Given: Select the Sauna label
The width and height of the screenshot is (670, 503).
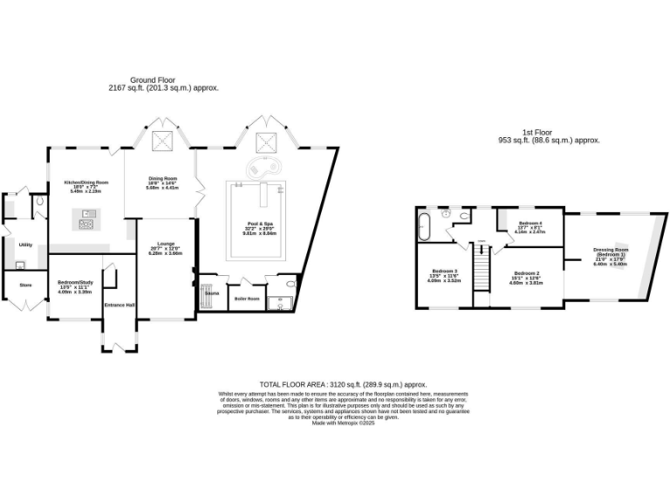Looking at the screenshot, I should [x=211, y=293].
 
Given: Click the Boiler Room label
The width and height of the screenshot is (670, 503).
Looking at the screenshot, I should [x=248, y=299].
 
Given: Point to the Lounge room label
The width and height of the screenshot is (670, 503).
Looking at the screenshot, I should [x=167, y=244].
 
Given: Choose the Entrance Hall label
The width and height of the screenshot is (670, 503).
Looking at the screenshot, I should [x=120, y=305].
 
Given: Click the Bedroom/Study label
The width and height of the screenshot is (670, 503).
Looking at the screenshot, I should [x=74, y=283].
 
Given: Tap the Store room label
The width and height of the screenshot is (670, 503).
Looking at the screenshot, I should [x=25, y=284].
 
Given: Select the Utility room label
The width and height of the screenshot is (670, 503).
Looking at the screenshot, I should [x=24, y=245].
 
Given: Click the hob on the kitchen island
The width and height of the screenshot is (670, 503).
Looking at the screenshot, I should [x=87, y=224].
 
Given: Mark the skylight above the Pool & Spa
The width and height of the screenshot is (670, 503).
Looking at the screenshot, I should [x=263, y=142].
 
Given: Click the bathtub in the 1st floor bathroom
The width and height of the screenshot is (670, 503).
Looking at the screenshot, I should [x=425, y=226].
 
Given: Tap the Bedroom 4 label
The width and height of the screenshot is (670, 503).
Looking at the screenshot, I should [x=530, y=224].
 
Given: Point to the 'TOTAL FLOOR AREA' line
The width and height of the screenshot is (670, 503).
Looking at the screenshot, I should [x=343, y=384].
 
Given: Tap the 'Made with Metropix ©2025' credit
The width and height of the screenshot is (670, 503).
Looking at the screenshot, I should [x=343, y=423].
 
